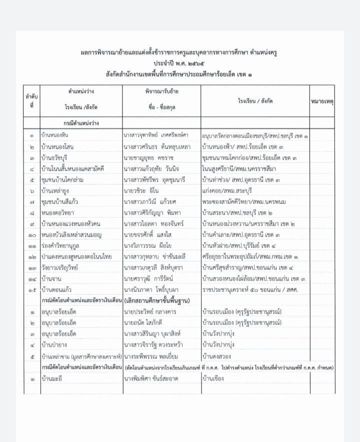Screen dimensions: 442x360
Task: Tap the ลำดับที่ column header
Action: point(31,101)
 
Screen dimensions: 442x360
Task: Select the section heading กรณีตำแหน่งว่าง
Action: point(80,123)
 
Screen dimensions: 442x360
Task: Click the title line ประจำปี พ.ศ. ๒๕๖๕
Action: point(180,64)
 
